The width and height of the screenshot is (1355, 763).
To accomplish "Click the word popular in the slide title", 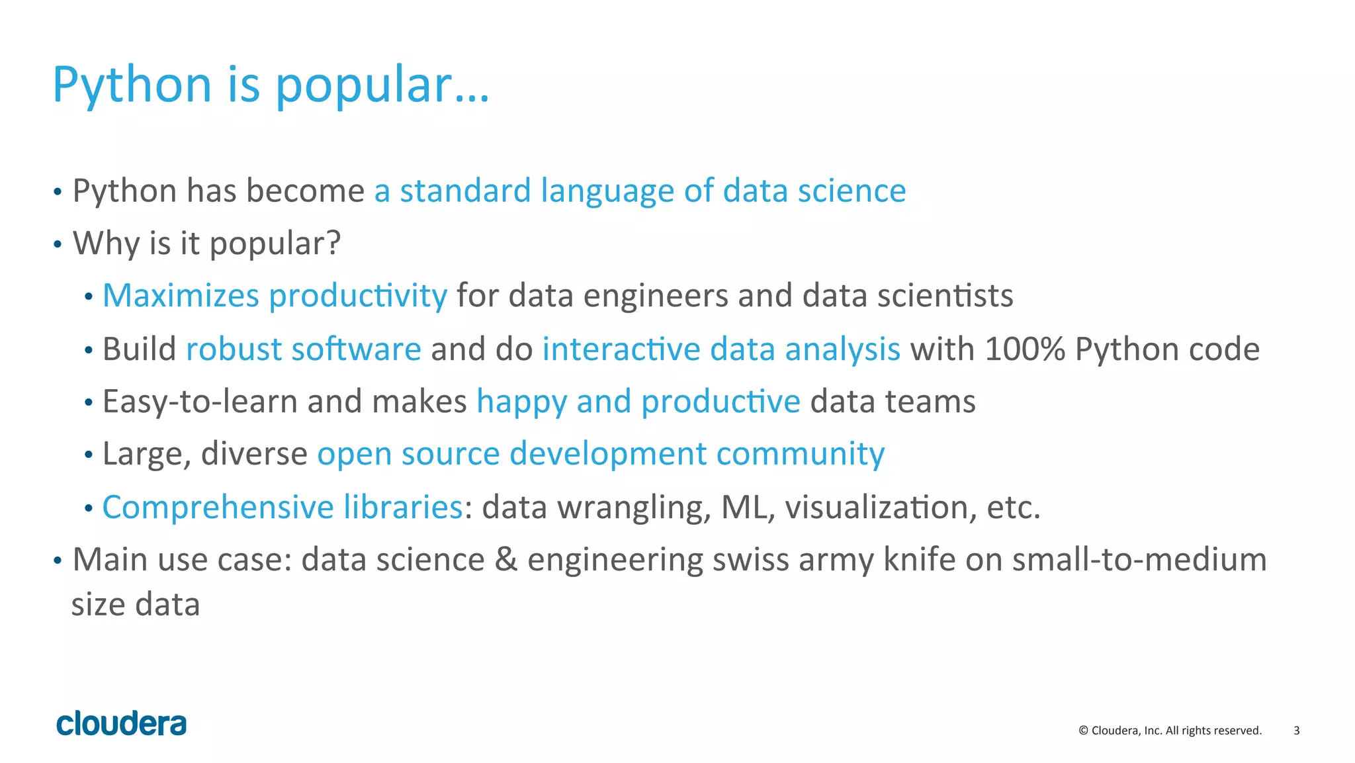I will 363,86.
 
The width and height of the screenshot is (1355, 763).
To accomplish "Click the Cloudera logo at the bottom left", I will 122,723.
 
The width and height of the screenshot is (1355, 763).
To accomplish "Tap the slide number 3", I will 1296,731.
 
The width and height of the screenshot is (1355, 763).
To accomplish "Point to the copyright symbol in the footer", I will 1083,731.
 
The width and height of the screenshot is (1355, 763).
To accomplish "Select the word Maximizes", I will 181,295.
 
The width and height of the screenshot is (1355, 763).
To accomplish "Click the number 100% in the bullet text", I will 1024,349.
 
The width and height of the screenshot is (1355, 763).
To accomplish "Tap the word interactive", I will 621,349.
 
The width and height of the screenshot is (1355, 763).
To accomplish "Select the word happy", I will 521,402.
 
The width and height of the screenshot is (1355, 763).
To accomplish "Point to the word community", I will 800,454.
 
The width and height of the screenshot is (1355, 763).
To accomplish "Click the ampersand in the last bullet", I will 506,559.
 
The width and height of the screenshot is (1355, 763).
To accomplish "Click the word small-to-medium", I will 1139,559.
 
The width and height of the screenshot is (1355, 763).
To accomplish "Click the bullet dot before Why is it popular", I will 58,245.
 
